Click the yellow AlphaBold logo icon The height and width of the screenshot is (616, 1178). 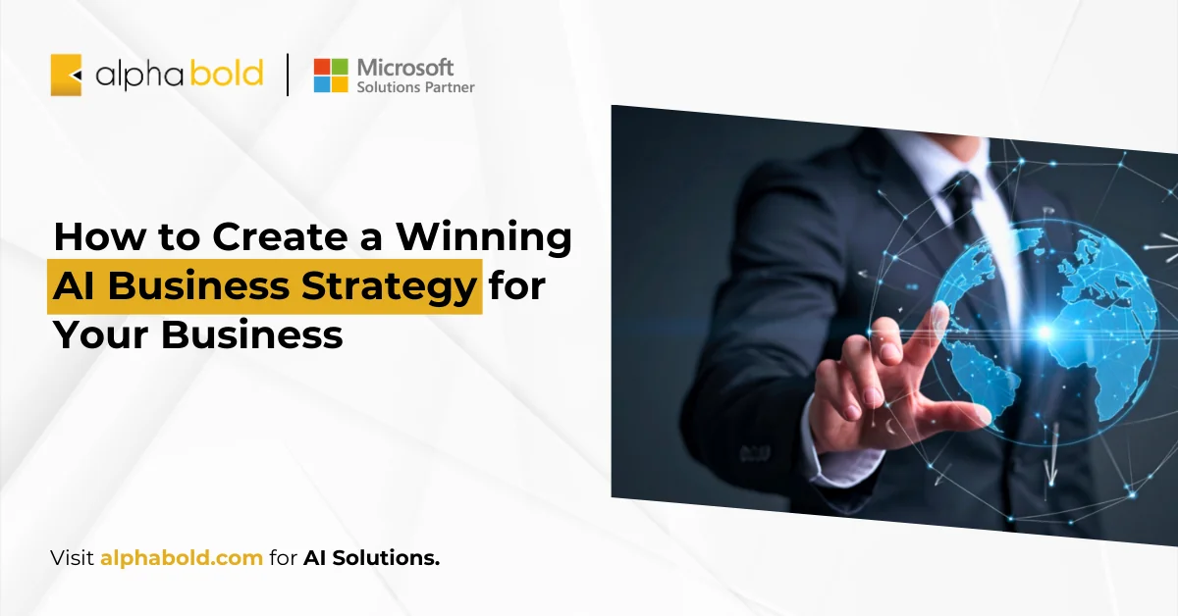66,76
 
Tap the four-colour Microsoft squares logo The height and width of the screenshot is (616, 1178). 331,76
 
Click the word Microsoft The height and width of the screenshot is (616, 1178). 405,67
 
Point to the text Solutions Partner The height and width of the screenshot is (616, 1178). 415,87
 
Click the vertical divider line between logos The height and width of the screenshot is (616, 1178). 289,76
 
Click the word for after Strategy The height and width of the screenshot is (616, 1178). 517,286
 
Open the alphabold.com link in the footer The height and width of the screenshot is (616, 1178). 182,558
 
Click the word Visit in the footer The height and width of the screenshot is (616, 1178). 73,558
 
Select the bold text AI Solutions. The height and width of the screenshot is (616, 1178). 372,558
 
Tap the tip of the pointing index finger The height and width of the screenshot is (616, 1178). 939,311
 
